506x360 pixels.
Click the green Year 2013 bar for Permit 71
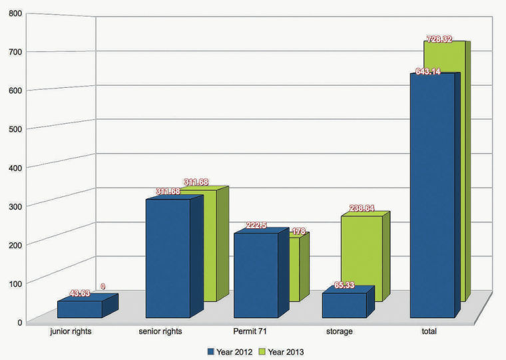point(293,270)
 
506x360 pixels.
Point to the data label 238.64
point(358,208)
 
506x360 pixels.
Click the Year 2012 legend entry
point(230,351)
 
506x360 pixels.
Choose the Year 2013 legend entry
point(286,351)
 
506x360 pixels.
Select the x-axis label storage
point(340,331)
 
